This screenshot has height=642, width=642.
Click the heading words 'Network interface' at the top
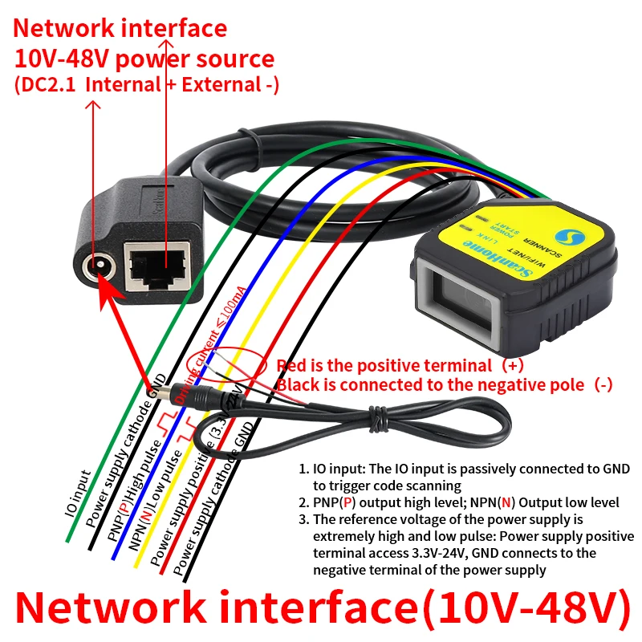click(x=120, y=28)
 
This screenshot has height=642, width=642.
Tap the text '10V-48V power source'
click(x=144, y=59)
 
